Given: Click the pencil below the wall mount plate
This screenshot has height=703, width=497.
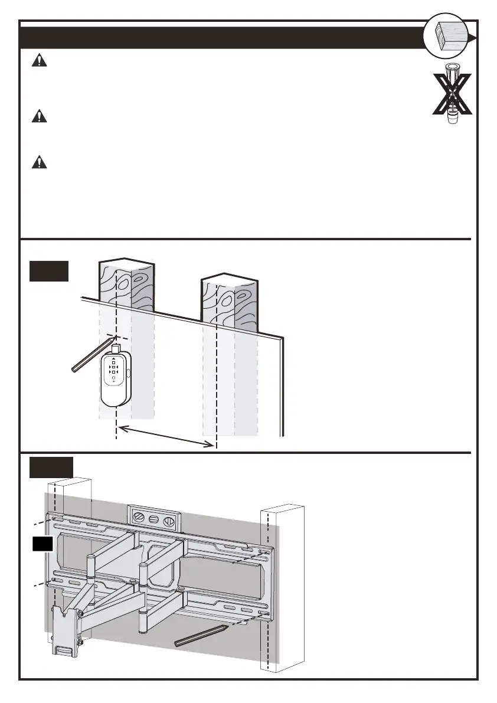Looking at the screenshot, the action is [x=201, y=635].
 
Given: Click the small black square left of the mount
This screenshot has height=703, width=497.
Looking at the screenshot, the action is [x=42, y=544].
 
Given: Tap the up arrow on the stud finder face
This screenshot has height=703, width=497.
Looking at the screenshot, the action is [x=113, y=357].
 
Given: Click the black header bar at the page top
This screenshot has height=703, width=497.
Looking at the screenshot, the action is [x=218, y=37].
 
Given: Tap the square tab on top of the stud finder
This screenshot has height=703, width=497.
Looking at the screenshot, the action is [x=116, y=348].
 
